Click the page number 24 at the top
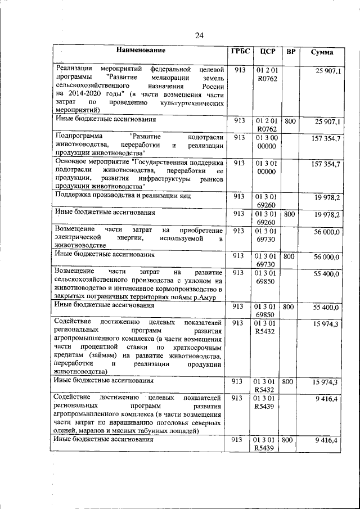click(x=199, y=35)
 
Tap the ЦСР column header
click(x=267, y=52)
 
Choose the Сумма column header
click(x=322, y=52)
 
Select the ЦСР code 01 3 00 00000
click(x=267, y=142)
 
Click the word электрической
click(x=82, y=238)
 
